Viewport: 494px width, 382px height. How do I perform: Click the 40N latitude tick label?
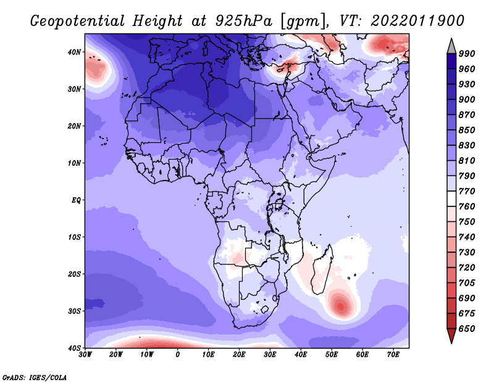(x=74, y=52)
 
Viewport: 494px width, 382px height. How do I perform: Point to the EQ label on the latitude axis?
(x=76, y=200)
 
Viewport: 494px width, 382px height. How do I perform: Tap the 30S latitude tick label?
(x=74, y=311)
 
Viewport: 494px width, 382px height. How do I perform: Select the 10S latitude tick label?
(x=74, y=237)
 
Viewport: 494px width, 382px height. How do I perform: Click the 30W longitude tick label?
(x=85, y=355)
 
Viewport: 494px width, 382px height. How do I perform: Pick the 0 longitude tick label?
(x=178, y=355)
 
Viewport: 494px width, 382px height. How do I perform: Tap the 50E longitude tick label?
(x=332, y=355)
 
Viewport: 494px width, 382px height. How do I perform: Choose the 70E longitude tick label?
(x=393, y=355)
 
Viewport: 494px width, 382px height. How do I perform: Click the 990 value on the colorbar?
(x=467, y=54)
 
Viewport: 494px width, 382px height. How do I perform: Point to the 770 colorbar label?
(x=467, y=191)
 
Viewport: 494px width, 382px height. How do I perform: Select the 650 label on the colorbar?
(x=467, y=329)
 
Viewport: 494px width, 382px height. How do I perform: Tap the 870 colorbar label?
(x=467, y=115)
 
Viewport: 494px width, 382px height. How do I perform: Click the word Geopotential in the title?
(x=78, y=22)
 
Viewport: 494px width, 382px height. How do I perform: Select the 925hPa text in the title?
(x=243, y=21)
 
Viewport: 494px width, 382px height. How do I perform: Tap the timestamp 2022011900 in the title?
(x=418, y=21)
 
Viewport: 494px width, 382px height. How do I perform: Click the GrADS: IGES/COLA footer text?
(x=35, y=377)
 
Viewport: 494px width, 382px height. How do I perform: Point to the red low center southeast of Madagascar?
(x=341, y=306)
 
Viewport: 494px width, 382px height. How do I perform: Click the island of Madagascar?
(x=322, y=271)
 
